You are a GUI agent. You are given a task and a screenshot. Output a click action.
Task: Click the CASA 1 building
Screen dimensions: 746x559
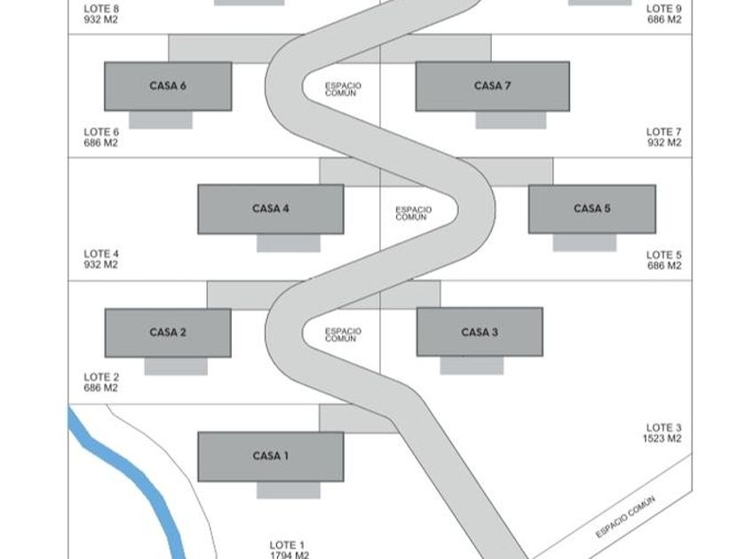point(271,456)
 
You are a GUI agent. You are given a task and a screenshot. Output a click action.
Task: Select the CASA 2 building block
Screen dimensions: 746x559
point(168,333)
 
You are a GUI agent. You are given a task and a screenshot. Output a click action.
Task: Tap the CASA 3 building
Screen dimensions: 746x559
point(480,332)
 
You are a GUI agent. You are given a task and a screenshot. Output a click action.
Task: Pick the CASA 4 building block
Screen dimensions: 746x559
point(271,209)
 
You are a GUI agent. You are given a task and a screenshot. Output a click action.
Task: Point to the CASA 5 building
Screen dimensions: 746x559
point(592,209)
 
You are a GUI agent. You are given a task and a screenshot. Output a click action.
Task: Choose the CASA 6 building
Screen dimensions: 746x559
point(168,86)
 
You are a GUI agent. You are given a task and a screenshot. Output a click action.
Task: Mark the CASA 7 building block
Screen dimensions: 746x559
point(492,86)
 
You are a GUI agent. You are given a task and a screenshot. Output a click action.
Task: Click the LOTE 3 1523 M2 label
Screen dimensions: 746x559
point(663,433)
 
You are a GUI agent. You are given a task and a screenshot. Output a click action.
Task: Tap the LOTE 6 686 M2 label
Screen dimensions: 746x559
point(101,138)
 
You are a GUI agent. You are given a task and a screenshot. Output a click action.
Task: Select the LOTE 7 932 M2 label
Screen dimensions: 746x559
point(664,137)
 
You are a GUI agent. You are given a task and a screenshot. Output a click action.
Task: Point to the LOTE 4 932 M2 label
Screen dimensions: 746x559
point(101,259)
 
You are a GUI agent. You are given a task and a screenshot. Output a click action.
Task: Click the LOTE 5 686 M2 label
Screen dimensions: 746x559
point(664,260)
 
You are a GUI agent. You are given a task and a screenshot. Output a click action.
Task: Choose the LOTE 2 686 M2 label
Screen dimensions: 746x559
point(101,382)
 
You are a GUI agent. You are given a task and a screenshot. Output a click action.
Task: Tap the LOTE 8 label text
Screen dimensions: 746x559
point(101,9)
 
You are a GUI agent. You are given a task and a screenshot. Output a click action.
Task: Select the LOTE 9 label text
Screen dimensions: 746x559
point(664,9)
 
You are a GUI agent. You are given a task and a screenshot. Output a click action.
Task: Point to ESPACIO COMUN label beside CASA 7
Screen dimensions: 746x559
point(343,90)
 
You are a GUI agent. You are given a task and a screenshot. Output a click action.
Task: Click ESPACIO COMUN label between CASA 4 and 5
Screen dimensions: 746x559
point(414,213)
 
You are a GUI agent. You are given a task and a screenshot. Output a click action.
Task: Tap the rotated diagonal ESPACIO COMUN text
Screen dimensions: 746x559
point(625,516)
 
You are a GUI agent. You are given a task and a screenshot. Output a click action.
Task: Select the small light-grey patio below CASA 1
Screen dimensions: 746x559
point(289,490)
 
